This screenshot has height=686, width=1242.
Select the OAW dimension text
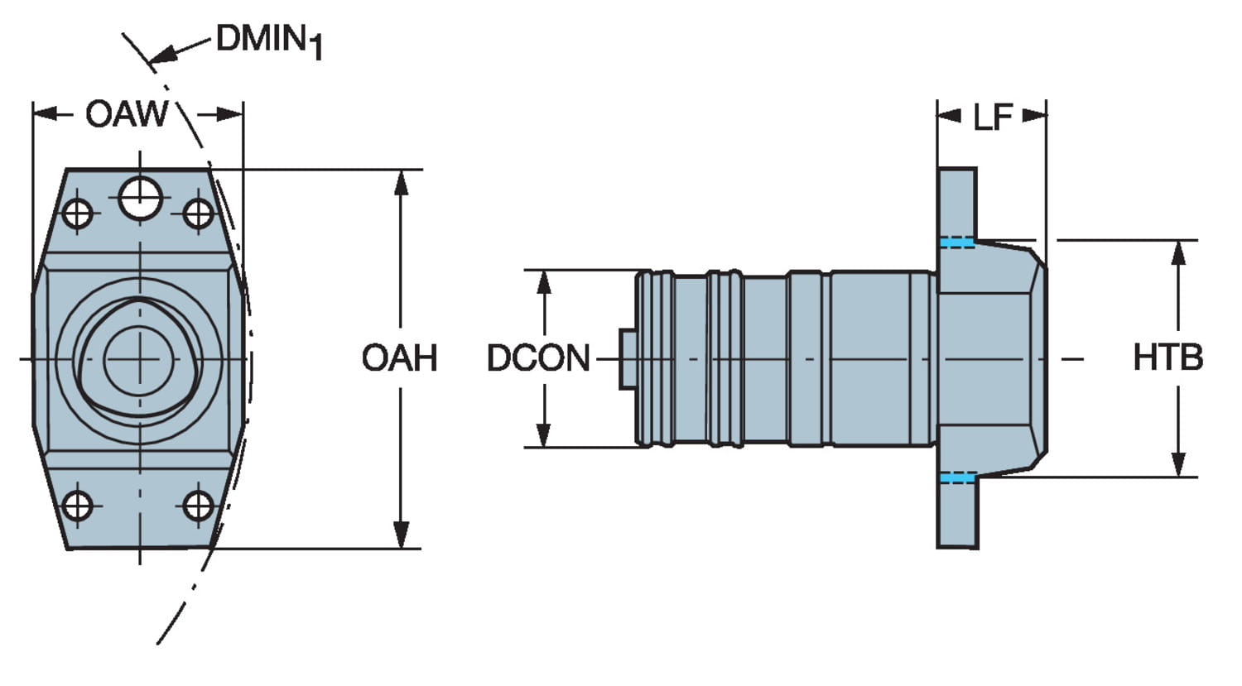pyautogui.click(x=126, y=114)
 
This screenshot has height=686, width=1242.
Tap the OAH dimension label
pyautogui.click(x=399, y=358)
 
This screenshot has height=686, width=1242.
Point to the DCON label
pyautogui.click(x=538, y=358)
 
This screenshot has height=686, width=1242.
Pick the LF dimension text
pyautogui.click(x=992, y=118)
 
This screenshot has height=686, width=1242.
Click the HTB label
pyautogui.click(x=1167, y=358)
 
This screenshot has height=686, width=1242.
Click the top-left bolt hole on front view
pyautogui.click(x=78, y=213)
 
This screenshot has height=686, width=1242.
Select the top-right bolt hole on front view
pyautogui.click(x=199, y=213)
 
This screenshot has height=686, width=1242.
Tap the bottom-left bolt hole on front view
pyautogui.click(x=78, y=505)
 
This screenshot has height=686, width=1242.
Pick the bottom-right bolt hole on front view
pyautogui.click(x=199, y=505)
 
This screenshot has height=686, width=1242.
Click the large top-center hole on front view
pyautogui.click(x=139, y=198)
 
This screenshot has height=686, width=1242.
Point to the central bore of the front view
pyautogui.click(x=139, y=360)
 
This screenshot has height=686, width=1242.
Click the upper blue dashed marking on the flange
pyautogui.click(x=957, y=242)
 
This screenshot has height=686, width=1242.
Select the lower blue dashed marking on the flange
pyautogui.click(x=957, y=478)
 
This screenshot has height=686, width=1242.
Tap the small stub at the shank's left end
pyautogui.click(x=628, y=358)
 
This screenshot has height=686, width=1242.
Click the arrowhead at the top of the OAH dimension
pyautogui.click(x=401, y=182)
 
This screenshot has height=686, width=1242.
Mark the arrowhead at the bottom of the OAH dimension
pyautogui.click(x=401, y=536)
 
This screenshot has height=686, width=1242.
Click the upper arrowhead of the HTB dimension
pyautogui.click(x=1178, y=252)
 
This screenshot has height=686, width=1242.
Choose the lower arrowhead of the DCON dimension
pyautogui.click(x=544, y=435)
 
